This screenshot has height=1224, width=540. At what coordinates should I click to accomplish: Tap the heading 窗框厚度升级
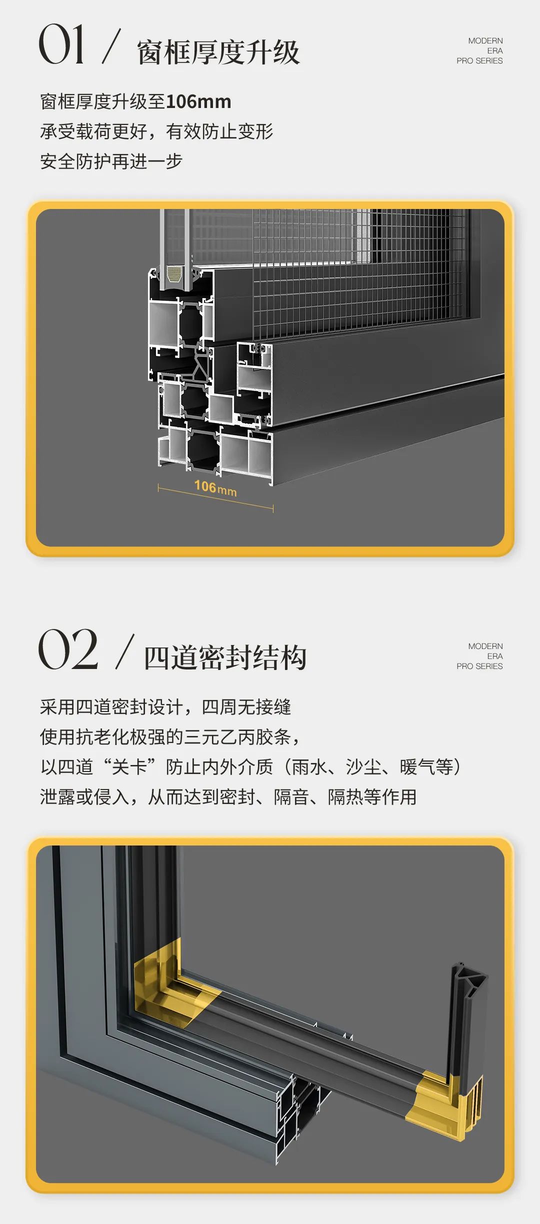tap(218, 52)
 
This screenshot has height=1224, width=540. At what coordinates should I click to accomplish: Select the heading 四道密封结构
tap(225, 657)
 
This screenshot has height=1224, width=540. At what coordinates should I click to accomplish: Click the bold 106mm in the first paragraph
tap(198, 102)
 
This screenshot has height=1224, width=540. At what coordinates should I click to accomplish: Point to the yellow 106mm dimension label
tap(215, 487)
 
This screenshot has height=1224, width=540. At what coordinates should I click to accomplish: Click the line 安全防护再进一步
tap(111, 161)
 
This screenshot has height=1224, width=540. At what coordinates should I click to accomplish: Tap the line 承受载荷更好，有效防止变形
tap(156, 131)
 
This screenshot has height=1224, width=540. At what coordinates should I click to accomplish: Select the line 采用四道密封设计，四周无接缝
tap(165, 707)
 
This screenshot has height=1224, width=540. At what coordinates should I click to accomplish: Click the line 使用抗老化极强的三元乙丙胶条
tap(165, 737)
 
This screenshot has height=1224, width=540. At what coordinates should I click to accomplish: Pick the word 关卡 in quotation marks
tap(129, 767)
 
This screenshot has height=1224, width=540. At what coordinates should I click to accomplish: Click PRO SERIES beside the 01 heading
tap(479, 61)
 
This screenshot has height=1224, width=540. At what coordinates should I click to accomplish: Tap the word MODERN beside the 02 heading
tap(485, 646)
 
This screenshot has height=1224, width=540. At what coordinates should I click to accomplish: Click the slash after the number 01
tap(111, 46)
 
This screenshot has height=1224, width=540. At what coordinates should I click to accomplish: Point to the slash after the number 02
tap(125, 651)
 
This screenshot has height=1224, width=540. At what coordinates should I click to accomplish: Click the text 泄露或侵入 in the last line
tap(84, 797)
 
